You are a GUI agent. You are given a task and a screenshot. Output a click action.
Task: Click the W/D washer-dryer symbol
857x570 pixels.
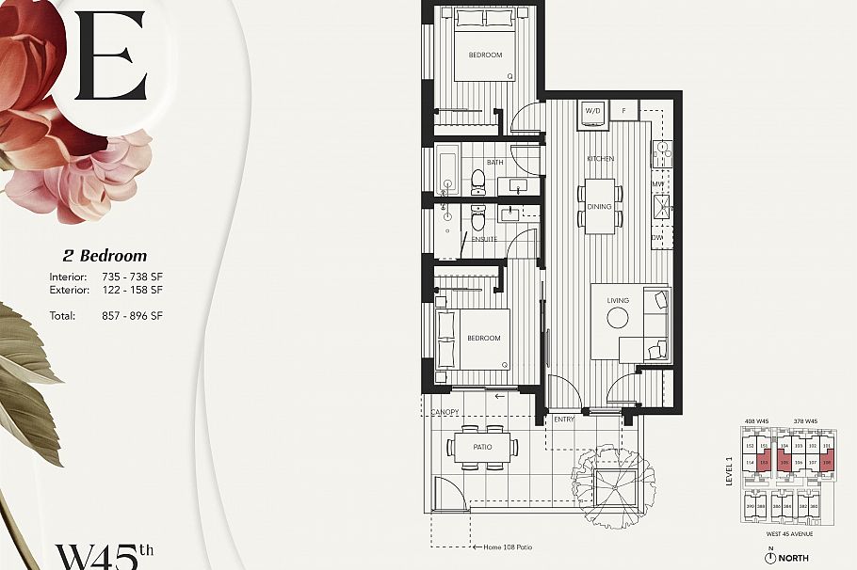tap(593, 111)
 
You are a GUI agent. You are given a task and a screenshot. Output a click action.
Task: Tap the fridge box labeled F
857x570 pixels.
tap(623, 111)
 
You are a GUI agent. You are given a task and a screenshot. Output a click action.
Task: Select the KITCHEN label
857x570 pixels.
tap(600, 159)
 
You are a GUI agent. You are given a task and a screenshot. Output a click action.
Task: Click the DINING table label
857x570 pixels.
tap(599, 206)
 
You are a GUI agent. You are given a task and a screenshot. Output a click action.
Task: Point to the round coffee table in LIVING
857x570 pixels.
tap(618, 318)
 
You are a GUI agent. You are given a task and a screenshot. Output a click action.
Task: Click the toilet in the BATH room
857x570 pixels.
tap(477, 179)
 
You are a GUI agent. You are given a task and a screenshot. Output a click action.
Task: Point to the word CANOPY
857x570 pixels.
tap(445, 413)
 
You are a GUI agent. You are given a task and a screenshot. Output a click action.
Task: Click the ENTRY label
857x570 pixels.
tap(564, 419)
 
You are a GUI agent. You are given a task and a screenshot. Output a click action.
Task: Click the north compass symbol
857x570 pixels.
tap(770, 557)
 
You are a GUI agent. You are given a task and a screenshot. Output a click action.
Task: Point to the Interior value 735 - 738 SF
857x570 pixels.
tap(132, 277)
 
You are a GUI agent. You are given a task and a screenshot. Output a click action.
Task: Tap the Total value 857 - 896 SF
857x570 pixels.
tap(132, 316)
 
